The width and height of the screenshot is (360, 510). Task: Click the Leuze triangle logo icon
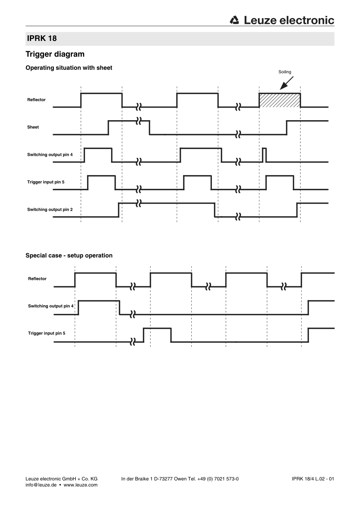tap(234, 20)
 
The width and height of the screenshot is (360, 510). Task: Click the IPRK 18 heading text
tap(42, 38)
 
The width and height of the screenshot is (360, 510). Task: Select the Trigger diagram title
tap(55, 54)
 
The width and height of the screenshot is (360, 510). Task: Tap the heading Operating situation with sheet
tap(69, 68)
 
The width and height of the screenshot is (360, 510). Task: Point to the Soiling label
tap(285, 72)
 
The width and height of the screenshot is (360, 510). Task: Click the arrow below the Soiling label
tap(286, 83)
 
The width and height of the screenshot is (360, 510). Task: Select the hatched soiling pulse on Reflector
tap(280, 100)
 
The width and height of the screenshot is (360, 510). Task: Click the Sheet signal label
tap(33, 127)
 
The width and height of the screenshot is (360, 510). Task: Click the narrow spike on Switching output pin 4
tap(264, 155)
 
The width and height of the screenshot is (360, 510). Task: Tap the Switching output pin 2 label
tap(50, 209)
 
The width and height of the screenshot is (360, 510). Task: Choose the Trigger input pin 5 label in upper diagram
tap(46, 182)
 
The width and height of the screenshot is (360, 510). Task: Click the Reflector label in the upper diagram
tap(36, 100)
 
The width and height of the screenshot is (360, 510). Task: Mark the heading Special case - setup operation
tap(69, 256)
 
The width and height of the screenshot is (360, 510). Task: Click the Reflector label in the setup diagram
tap(37, 279)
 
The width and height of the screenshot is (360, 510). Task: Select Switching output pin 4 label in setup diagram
tap(51, 306)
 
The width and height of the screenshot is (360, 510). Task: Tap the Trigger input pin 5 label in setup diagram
tap(47, 333)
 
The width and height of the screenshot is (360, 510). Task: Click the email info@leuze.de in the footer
tap(41, 485)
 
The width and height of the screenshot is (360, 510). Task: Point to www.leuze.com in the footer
tap(81, 485)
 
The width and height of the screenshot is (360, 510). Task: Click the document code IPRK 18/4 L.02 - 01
tap(313, 479)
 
